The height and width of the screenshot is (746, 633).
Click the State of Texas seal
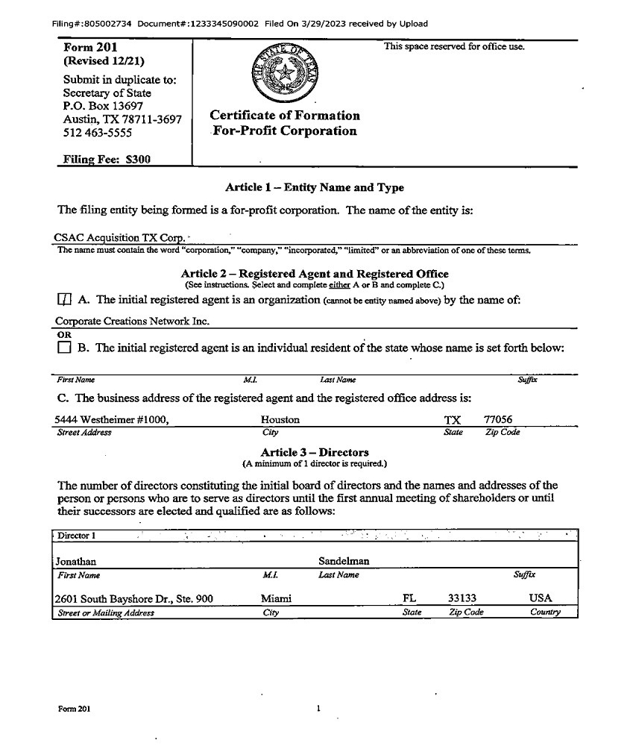coord(283,73)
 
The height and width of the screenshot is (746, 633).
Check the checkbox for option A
coord(64,300)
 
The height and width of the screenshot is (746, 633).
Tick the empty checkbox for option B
coord(64,348)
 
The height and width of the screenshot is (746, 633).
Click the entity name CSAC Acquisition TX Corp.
coord(120,238)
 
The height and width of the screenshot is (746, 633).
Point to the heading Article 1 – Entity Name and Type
coord(314,187)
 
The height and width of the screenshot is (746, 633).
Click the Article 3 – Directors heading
coord(314,452)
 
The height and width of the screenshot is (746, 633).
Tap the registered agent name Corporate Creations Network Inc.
coord(132,321)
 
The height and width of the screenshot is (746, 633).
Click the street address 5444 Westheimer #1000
coord(113,420)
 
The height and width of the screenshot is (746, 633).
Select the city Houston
coord(280,420)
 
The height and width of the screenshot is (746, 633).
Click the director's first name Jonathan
coord(76,561)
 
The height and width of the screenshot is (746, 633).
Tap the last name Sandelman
coord(344,561)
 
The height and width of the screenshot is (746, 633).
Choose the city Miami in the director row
coord(276,598)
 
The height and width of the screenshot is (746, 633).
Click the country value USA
coord(541,598)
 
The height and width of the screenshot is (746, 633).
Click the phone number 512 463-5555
coord(98,133)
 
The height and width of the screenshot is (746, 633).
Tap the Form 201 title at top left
coord(91,48)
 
